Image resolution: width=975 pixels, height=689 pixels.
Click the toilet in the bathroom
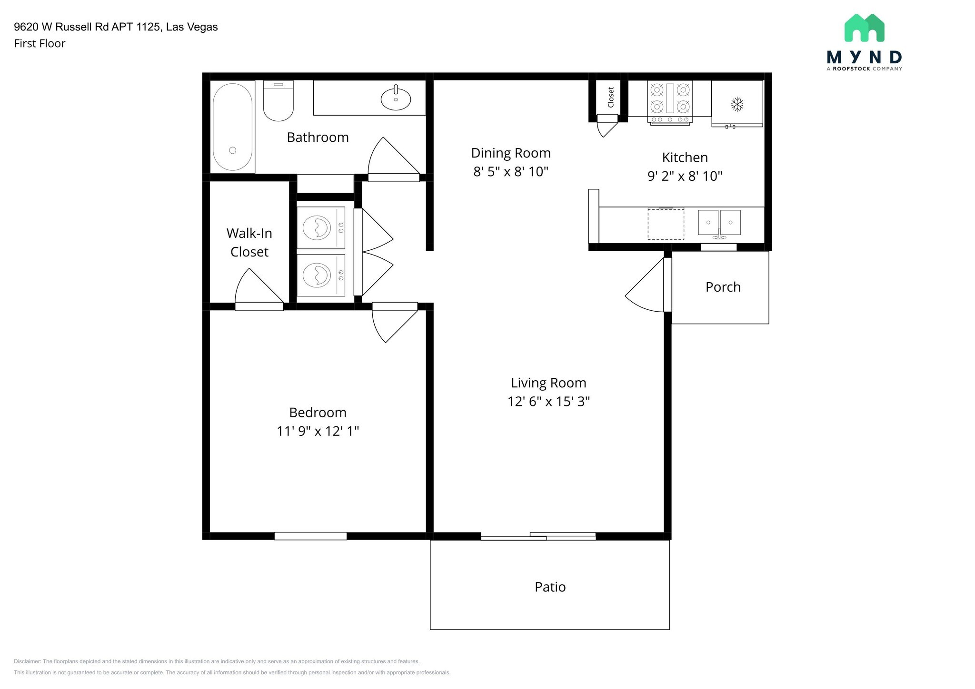click(279, 100)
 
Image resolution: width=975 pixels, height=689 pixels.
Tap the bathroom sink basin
click(396, 99)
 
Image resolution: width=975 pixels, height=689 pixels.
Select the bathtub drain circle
click(233, 150)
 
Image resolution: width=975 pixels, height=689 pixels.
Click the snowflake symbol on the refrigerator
click(737, 104)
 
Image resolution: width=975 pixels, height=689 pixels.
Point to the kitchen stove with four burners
click(670, 103)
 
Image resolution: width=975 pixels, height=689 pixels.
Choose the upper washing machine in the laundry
click(320, 227)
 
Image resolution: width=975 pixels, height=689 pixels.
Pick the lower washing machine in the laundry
click(320, 275)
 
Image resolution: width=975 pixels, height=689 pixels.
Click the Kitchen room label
click(685, 157)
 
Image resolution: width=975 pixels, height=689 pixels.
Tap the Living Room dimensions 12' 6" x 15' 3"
click(549, 402)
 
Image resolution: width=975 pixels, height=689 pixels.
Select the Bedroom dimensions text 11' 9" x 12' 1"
click(318, 431)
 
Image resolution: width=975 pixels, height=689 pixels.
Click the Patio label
click(550, 587)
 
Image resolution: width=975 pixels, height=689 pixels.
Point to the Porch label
click(723, 287)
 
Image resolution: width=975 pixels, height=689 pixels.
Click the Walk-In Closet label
click(249, 242)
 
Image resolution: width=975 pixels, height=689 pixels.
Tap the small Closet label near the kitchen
click(611, 97)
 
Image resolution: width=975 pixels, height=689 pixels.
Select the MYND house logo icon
click(865, 28)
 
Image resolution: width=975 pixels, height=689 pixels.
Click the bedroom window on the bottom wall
click(310, 536)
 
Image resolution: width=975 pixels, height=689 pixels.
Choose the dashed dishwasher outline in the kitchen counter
click(666, 224)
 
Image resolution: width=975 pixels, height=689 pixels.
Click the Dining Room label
click(511, 153)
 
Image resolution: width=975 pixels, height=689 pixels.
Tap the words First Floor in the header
click(40, 44)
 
